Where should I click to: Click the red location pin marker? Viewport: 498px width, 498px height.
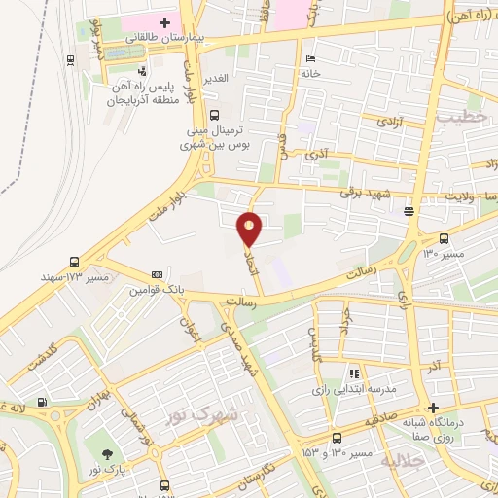[x=250, y=227]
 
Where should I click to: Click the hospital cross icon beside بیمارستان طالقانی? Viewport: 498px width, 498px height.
[x=164, y=21]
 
